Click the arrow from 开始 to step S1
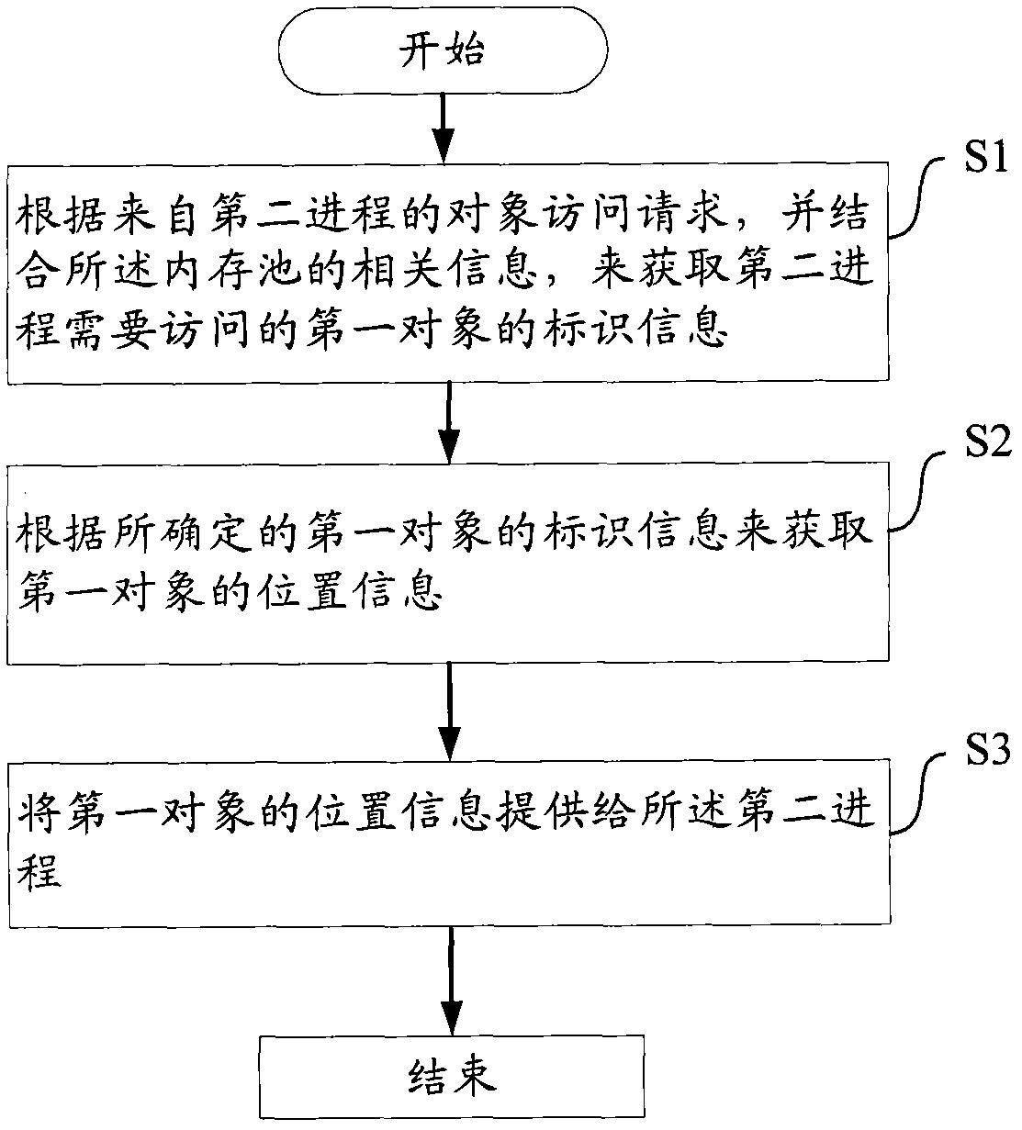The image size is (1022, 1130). tap(444, 126)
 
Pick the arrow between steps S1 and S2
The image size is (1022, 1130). tap(447, 421)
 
